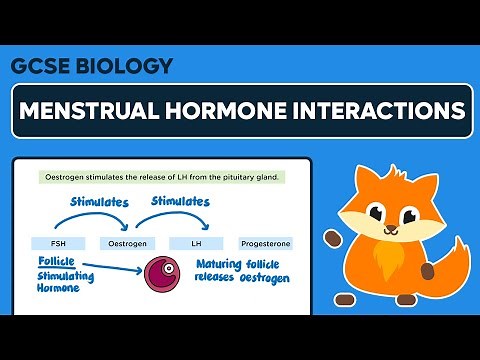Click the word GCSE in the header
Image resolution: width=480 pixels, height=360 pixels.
tap(39, 66)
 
